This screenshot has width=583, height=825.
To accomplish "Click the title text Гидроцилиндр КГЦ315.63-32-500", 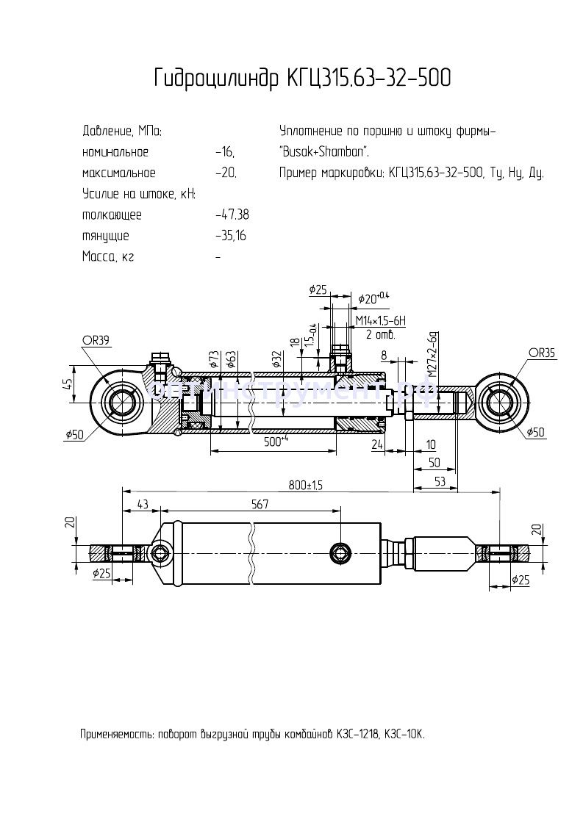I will click(302, 79).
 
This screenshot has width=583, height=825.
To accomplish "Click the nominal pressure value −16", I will click(225, 153).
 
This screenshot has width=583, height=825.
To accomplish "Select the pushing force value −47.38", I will click(232, 215).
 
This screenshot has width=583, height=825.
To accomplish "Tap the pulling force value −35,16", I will click(232, 237).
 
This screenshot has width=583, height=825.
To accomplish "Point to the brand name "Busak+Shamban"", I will click(324, 153).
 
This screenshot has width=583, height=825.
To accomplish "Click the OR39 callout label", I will click(96, 339).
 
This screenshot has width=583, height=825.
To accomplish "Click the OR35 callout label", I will click(542, 353).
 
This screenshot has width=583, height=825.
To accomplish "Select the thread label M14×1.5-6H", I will click(380, 322).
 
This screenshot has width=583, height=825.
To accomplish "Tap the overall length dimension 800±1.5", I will click(306, 486).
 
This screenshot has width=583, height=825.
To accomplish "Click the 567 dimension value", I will click(260, 504).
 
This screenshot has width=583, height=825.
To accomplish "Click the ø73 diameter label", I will click(214, 359).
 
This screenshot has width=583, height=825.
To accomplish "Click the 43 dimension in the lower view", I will click(143, 504).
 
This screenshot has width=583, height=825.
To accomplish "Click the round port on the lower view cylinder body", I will click(340, 552).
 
